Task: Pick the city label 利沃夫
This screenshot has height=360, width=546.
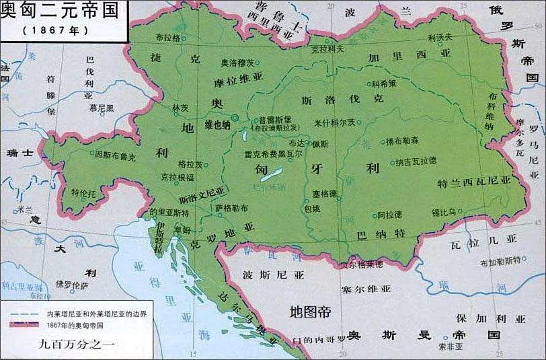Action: point(440,38)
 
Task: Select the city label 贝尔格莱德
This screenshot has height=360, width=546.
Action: point(362,264)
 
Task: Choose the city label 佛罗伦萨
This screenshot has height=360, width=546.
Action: point(71,285)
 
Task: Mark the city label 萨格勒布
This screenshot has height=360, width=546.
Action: point(231,208)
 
